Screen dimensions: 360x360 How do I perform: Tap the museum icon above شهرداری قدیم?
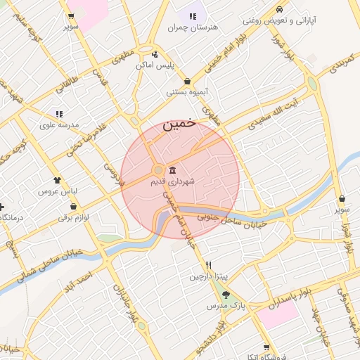173,169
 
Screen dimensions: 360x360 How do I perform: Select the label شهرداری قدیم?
172,181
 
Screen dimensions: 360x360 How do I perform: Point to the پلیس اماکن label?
154,65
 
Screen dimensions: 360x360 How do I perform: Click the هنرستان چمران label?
193,27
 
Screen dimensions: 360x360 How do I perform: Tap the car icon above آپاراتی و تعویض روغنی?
280,9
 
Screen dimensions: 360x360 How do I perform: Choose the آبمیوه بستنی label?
187,92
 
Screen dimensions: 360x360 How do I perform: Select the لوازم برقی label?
74,218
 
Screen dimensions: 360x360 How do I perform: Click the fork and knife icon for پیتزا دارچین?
208,265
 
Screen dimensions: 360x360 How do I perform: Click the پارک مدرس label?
224,306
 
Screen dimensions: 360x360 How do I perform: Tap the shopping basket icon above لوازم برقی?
74,207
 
